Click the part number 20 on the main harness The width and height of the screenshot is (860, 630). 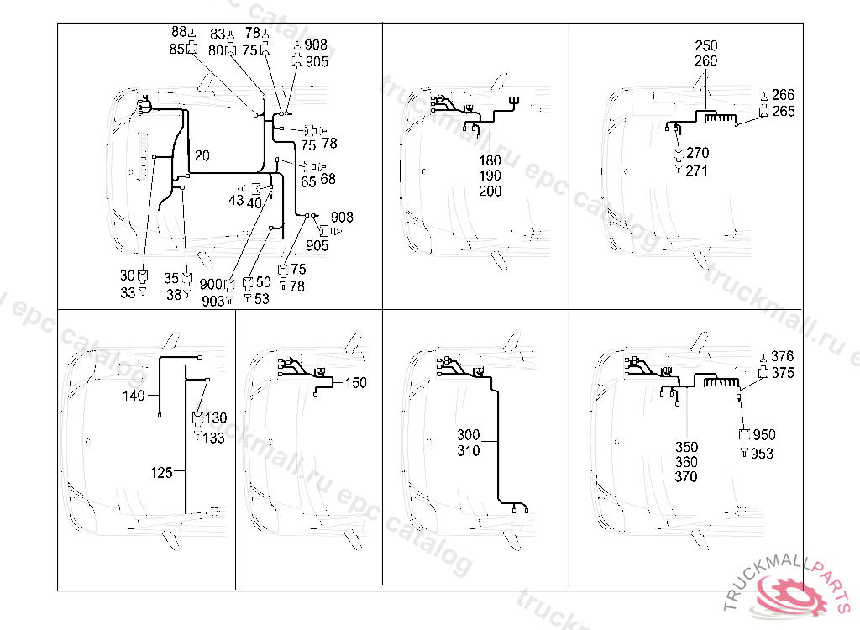point(202,156)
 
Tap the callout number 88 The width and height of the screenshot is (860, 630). point(178,32)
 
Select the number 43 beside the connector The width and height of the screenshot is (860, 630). point(236,201)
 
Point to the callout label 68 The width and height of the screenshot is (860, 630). point(328,179)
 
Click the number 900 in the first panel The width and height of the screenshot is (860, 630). point(211,285)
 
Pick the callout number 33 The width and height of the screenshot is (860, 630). point(128,292)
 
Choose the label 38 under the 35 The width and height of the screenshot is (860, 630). point(173,295)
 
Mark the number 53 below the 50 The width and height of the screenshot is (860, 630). point(262,299)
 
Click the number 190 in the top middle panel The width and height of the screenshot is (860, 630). point(490,176)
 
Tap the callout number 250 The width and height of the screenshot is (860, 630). point(706,45)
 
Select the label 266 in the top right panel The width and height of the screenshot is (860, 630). point(783,95)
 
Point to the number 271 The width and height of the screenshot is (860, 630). point(697,171)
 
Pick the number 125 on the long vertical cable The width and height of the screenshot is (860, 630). point(161,473)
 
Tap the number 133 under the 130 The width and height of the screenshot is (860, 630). point(213,438)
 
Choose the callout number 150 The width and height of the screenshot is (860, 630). point(356,383)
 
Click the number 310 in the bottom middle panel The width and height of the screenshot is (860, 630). point(469,451)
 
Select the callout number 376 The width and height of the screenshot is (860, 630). point(782,357)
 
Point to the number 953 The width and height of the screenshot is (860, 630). point(762,454)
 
